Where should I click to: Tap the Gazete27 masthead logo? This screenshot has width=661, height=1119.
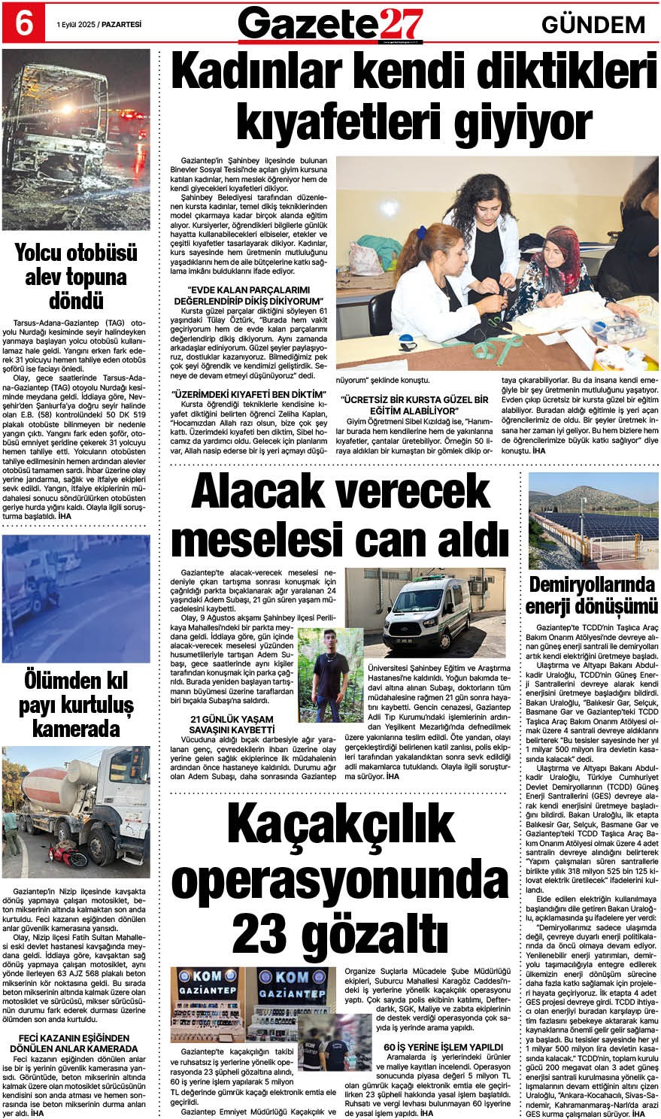(x=330, y=24)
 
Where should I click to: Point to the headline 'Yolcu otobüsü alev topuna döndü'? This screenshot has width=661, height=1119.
(x=76, y=276)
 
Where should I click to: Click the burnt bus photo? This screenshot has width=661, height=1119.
(x=76, y=139)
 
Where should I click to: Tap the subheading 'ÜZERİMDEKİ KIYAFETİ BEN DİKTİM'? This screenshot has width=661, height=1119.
(x=249, y=394)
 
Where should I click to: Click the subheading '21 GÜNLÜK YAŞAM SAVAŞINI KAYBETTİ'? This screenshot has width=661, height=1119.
(x=233, y=724)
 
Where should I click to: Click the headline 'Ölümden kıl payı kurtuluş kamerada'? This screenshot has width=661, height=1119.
(x=76, y=705)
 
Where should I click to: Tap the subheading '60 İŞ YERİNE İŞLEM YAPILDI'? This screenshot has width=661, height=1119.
(x=442, y=1047)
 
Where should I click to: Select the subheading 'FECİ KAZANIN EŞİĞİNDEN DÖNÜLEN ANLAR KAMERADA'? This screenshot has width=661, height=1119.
(x=76, y=1043)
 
